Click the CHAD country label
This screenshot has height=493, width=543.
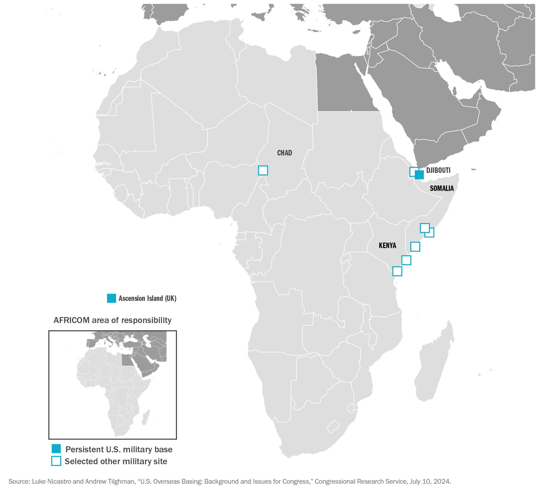[284, 153]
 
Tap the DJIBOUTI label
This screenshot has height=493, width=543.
[438, 170]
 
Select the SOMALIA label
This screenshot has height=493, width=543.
[442, 188]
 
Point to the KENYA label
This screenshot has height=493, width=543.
[387, 245]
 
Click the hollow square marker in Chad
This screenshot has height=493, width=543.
[263, 170]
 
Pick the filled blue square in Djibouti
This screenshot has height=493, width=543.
[419, 175]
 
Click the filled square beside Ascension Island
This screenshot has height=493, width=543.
[111, 298]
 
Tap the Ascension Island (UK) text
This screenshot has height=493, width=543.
[147, 298]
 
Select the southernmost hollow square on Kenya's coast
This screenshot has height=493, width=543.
[397, 271]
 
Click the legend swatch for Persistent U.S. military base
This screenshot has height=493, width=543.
[56, 448]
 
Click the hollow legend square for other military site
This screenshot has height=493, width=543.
[56, 461]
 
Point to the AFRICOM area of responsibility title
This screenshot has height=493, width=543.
[112, 320]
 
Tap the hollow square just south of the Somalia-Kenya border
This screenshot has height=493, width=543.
[415, 247]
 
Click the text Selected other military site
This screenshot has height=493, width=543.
[116, 461]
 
